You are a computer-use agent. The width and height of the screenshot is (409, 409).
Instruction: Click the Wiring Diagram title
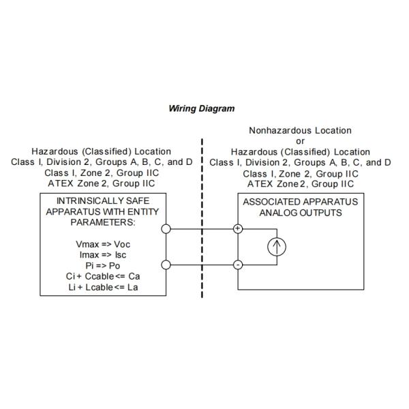(201, 108)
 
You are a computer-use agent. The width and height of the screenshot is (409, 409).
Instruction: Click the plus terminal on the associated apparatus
(238, 228)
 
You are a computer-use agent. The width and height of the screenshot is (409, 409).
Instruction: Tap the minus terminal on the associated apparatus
(238, 264)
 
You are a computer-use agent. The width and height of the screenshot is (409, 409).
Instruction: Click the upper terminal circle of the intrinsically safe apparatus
(166, 228)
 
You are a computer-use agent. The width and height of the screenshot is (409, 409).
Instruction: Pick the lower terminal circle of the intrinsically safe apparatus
(166, 264)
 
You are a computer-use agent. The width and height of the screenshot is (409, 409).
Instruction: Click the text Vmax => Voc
(102, 244)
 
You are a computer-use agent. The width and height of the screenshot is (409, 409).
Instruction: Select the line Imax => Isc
(102, 254)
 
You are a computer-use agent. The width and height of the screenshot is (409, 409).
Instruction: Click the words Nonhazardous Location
(300, 130)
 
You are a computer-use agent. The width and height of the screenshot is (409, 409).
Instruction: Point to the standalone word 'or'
(300, 141)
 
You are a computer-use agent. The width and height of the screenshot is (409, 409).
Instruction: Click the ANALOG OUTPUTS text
(300, 213)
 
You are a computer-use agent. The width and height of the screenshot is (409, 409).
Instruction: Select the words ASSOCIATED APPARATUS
(300, 202)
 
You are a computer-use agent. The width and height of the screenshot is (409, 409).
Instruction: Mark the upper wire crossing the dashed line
(202, 228)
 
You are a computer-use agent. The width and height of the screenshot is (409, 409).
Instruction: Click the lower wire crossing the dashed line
(202, 264)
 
